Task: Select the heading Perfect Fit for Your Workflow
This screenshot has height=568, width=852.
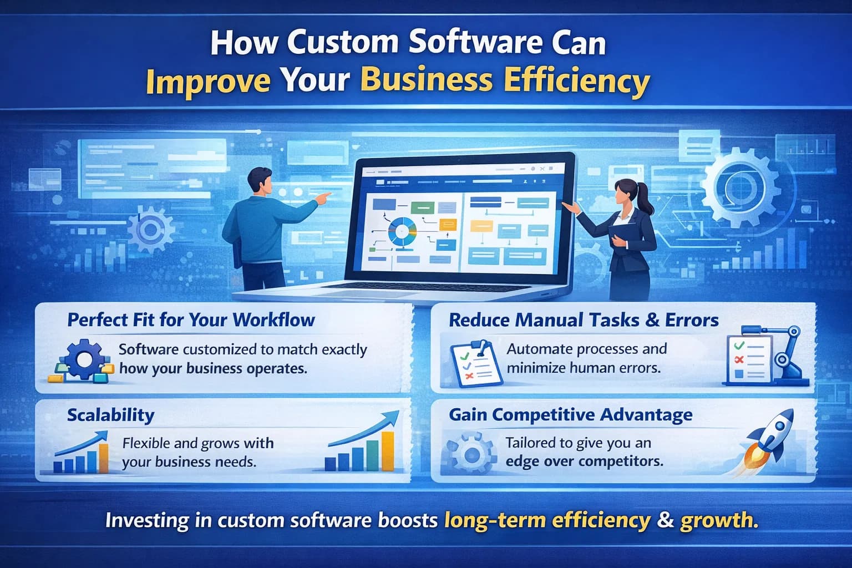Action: coord(191,320)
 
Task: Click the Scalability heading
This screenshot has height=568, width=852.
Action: coord(110,415)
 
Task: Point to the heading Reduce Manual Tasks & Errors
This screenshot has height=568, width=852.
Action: coord(584,320)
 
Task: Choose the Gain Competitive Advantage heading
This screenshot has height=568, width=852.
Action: coord(570,415)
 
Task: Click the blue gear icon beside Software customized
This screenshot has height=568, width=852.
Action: coord(83,359)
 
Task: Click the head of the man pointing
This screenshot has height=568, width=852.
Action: coord(259,179)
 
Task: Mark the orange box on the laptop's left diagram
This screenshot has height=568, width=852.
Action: coord(447,225)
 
